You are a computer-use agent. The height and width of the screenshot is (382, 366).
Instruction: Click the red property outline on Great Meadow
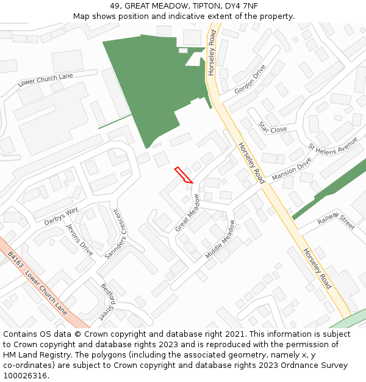click(184, 175)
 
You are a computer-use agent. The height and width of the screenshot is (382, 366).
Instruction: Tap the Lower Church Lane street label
click(45, 79)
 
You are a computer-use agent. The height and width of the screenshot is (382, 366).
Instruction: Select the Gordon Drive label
click(250, 79)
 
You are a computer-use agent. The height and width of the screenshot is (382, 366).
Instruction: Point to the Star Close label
click(272, 127)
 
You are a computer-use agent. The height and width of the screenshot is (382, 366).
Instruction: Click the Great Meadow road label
click(188, 213)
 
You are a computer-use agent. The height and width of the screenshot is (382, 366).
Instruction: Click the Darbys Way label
click(60, 216)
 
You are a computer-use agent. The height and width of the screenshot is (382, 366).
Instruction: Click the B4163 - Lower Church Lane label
click(37, 282)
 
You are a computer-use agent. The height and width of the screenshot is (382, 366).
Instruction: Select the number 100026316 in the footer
click(26, 375)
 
